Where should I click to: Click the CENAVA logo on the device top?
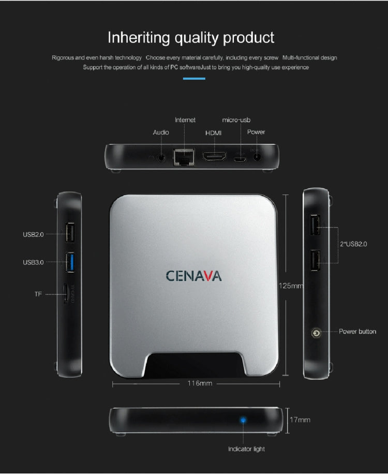[193, 275]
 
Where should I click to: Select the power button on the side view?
[316, 332]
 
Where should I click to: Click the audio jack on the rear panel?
[163, 157]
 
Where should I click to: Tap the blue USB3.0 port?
[70, 262]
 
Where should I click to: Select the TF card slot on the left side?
[67, 294]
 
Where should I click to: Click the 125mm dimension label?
[291, 286]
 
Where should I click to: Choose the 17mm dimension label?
[300, 420]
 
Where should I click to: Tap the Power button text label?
[357, 331]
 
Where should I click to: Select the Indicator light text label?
[246, 449]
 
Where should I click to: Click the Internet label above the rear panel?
[185, 120]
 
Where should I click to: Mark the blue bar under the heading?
[195, 79]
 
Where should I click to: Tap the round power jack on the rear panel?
[256, 155]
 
